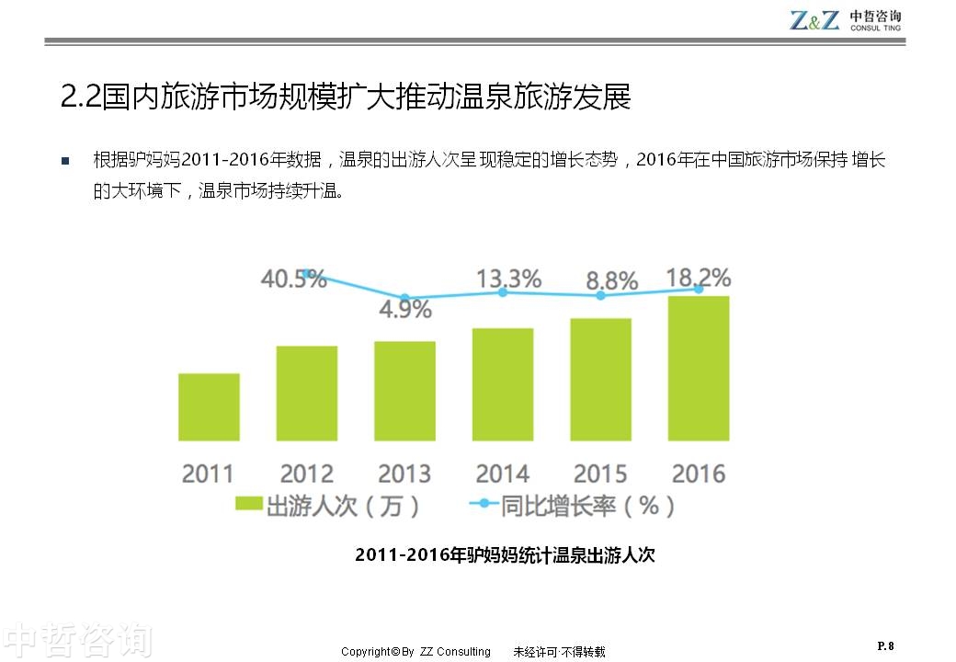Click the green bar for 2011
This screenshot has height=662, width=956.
pyautogui.click(x=209, y=406)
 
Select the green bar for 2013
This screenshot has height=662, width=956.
pyautogui.click(x=404, y=391)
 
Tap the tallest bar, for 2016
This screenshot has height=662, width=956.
pyautogui.click(x=699, y=368)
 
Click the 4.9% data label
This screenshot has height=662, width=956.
pyautogui.click(x=405, y=309)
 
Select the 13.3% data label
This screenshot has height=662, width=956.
pyautogui.click(x=508, y=278)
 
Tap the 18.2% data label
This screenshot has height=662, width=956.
pyautogui.click(x=699, y=277)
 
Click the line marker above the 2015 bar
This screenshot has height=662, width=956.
pyautogui.click(x=601, y=296)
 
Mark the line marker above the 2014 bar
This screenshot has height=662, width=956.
pyautogui.click(x=503, y=291)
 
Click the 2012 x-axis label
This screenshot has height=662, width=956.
pyautogui.click(x=306, y=474)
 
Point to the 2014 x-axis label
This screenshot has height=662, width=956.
pyautogui.click(x=503, y=474)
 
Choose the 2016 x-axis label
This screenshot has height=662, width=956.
pyautogui.click(x=699, y=474)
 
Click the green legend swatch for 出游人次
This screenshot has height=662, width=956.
pyautogui.click(x=248, y=505)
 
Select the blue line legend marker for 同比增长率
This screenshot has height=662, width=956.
pyautogui.click(x=484, y=505)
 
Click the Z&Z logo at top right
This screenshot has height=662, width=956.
pyautogui.click(x=814, y=20)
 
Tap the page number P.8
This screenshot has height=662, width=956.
pyautogui.click(x=885, y=645)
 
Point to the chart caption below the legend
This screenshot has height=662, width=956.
pyautogui.click(x=505, y=555)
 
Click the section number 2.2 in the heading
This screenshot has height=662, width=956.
pyautogui.click(x=80, y=97)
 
